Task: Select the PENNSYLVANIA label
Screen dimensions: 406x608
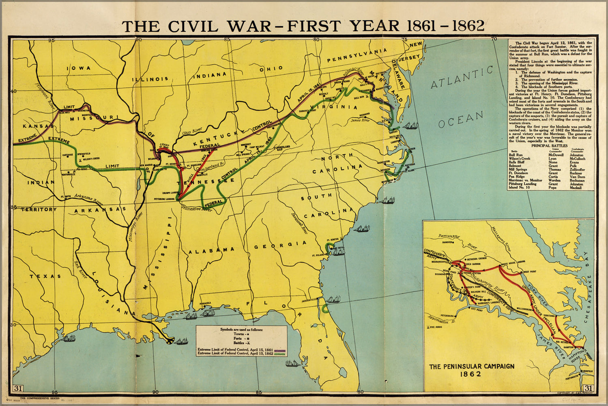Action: point(357,55)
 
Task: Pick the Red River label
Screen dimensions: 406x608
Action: point(80,269)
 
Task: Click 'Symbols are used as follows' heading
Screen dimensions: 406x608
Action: point(241,329)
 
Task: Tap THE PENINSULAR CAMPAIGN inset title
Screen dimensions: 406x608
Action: point(471,366)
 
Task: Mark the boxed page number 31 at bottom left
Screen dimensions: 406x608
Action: point(18,388)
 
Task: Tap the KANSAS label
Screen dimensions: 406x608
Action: point(35,126)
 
